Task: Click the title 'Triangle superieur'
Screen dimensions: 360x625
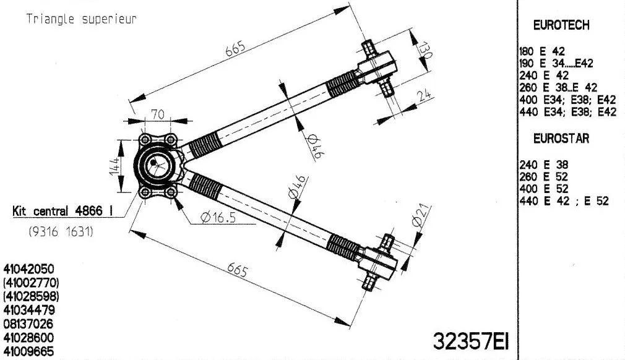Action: pos(81,19)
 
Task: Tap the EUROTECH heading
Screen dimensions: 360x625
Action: pos(561,25)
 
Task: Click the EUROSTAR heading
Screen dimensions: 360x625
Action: pos(561,139)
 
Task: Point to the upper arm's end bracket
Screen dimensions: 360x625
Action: pos(377,65)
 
